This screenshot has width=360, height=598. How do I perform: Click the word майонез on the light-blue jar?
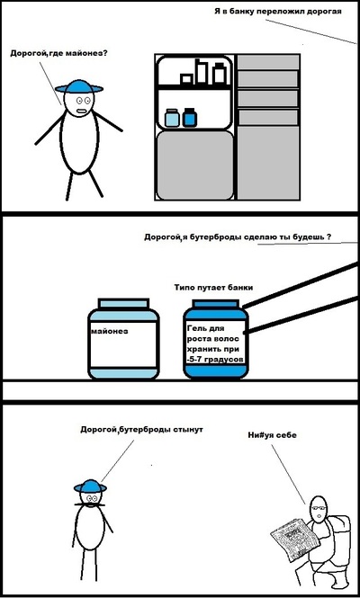[x=110, y=331]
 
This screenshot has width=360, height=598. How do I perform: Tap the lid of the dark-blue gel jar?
[x=216, y=304]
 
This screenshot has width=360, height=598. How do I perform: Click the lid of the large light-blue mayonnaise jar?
[x=123, y=304]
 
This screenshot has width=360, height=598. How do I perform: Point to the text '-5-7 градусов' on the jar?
[x=215, y=360]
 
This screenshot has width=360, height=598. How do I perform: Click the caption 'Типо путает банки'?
[x=213, y=288]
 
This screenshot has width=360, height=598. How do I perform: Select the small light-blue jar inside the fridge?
[x=172, y=118]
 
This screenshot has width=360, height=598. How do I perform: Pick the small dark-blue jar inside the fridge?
[x=189, y=118]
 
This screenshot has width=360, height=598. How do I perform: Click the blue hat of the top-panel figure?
[x=79, y=87]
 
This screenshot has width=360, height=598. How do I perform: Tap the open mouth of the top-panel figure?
[x=80, y=111]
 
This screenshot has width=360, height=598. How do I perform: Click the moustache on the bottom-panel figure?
[x=90, y=504]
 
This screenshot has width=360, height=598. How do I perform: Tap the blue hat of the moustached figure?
[x=90, y=486]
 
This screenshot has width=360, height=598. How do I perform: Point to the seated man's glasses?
[x=319, y=508]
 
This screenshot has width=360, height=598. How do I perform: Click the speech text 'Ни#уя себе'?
[x=272, y=435]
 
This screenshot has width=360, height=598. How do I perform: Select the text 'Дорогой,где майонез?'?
[x=58, y=53]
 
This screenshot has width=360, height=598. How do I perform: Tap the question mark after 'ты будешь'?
[x=328, y=237]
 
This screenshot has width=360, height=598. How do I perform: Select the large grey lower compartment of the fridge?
[x=195, y=165]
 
